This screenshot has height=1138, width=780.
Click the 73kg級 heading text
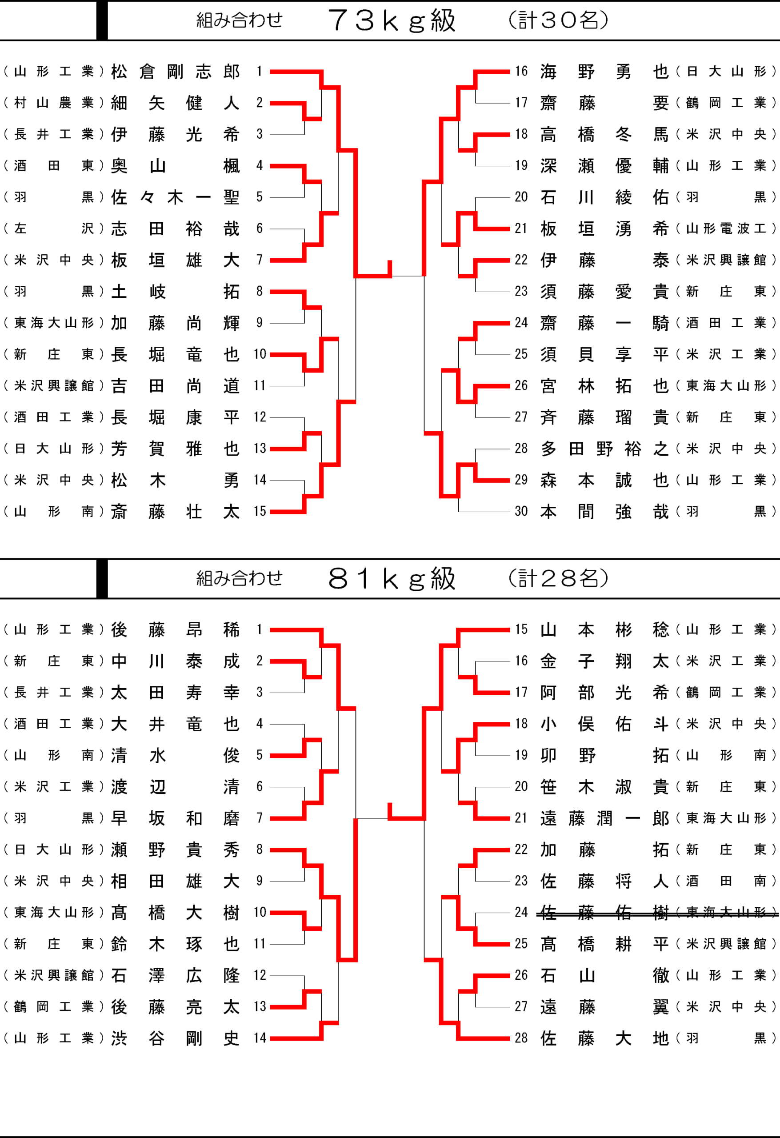tap(392, 20)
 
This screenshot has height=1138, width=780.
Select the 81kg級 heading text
tap(392, 579)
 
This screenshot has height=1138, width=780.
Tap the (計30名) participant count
tap(558, 20)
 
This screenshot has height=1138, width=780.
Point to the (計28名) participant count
tap(558, 579)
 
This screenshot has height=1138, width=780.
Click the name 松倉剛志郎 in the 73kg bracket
tap(175, 72)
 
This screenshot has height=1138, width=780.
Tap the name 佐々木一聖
tap(175, 197)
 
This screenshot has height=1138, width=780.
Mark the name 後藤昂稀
tap(175, 630)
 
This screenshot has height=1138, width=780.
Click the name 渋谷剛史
tap(175, 1038)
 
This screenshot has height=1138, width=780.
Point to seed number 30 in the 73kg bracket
tap(521, 511)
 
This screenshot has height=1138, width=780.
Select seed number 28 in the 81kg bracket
tap(521, 1038)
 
